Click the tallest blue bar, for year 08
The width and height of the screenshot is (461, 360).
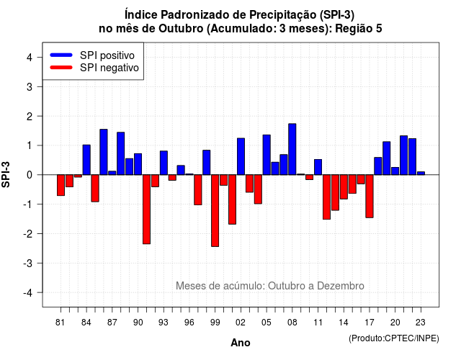tap(292, 149)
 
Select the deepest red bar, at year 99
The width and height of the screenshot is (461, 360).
tap(215, 211)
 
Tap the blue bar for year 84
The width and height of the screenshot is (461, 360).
tap(86, 160)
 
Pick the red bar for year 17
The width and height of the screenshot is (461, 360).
tap(370, 197)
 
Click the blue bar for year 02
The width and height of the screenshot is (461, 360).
tap(241, 157)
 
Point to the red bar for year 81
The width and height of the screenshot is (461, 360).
tap(61, 185)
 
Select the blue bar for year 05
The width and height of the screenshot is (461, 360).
tap(267, 155)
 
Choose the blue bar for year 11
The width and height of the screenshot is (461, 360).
tap(318, 167)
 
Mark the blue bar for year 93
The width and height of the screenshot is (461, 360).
tap(164, 163)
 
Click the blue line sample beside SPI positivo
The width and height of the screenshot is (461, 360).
tap(61, 55)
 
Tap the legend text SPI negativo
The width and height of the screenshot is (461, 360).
tap(109, 68)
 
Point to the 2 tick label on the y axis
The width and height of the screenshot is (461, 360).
tap(30, 117)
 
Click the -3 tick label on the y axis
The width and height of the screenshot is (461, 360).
tap(28, 264)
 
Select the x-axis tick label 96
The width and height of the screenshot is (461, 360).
tap(189, 323)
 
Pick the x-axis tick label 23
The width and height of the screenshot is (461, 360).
tap(421, 323)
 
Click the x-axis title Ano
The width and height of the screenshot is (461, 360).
tap(241, 343)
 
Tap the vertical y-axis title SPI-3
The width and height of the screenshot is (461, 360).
tap(6, 174)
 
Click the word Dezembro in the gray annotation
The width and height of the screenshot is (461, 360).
tap(341, 286)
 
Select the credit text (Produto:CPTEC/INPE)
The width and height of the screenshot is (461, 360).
tap(394, 338)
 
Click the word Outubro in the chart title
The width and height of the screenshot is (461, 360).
tap(181, 29)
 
